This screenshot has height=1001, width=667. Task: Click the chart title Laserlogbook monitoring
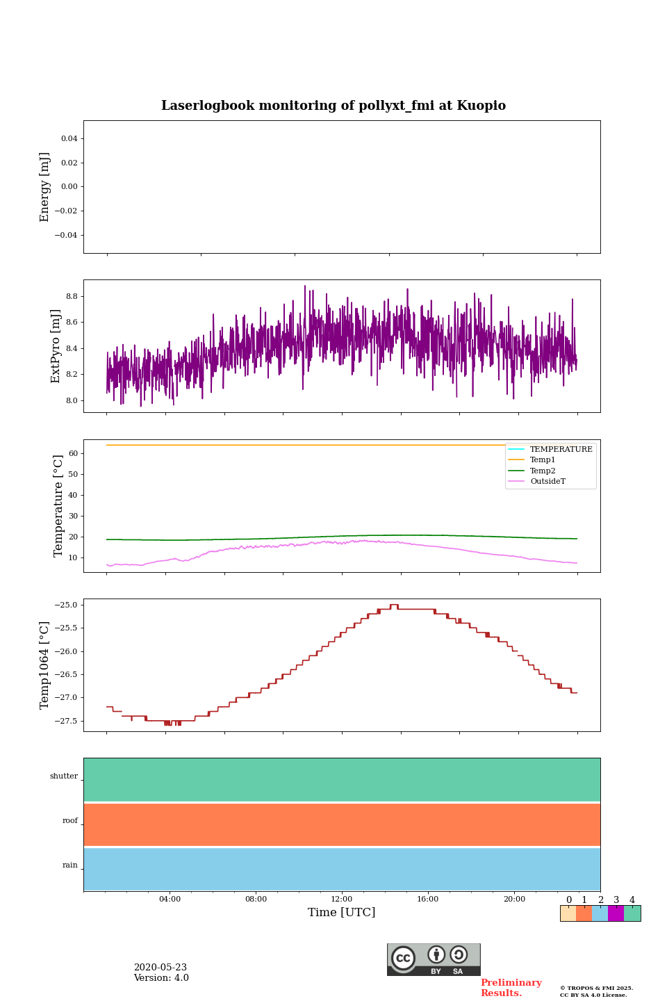(333, 106)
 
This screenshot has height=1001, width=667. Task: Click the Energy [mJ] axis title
(45, 187)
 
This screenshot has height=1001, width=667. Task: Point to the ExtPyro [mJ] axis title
(56, 346)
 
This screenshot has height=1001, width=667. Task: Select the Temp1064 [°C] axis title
(45, 665)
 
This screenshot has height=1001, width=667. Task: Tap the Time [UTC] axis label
(341, 912)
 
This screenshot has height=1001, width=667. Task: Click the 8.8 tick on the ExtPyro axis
(71, 296)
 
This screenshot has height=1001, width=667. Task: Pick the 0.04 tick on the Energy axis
(69, 138)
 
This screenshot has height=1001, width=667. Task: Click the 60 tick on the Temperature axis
(72, 453)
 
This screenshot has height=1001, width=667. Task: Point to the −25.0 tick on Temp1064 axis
(67, 605)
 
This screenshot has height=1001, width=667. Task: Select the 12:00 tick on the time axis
(341, 899)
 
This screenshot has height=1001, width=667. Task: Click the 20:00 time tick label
(514, 899)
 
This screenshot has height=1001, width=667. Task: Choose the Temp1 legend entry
(543, 460)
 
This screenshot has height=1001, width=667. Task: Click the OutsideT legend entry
(547, 481)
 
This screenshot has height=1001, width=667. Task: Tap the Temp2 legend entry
(543, 471)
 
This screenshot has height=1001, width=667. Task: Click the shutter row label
(64, 776)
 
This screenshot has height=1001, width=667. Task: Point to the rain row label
(70, 865)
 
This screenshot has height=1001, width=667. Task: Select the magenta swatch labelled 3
(616, 913)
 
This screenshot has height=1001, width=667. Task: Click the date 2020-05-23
(160, 967)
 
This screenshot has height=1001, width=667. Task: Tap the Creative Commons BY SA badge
(434, 959)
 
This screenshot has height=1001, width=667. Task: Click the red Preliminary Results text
(511, 988)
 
